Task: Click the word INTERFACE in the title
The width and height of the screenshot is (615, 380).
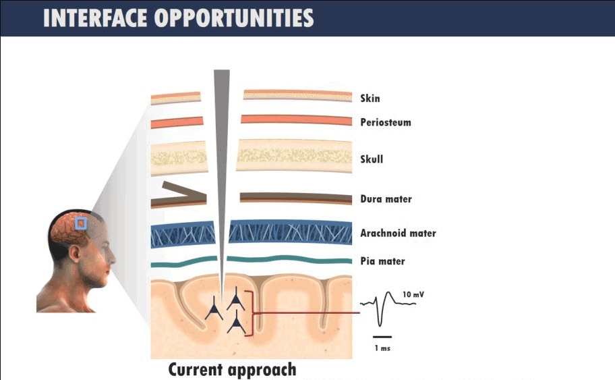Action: coord(95,18)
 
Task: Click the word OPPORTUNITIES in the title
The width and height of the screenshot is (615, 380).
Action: coord(234,18)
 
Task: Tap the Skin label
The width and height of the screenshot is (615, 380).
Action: coord(370,98)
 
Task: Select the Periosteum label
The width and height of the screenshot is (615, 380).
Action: coord(386,122)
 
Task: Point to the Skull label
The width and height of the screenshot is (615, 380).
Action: coord(372,159)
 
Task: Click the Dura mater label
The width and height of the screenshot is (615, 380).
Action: coord(386,199)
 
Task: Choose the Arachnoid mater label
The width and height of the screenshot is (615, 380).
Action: coord(398,233)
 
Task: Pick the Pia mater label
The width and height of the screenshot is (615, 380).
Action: coord(382,261)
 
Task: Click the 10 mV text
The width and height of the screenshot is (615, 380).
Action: coord(413,294)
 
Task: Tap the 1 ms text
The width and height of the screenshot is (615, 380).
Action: coord(382,348)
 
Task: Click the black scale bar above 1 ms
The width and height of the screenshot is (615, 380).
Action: coord(382,337)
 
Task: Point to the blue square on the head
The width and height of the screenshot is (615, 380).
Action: coord(81,224)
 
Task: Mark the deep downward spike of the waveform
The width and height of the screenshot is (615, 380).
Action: coord(380,314)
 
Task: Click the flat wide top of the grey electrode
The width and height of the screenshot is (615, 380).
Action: coord(222,71)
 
